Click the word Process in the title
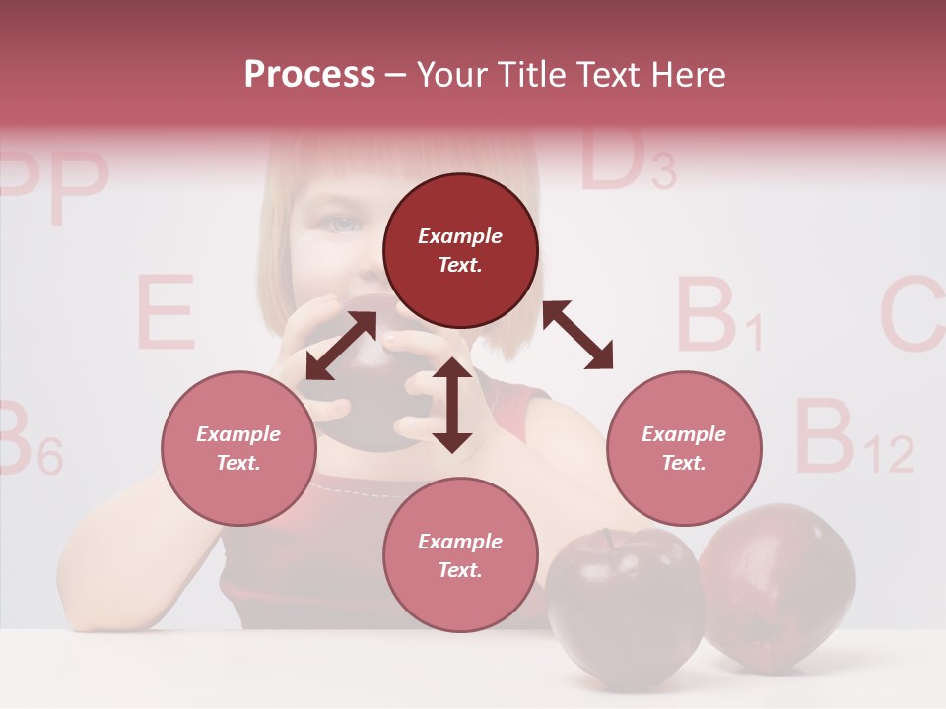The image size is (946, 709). (309, 75)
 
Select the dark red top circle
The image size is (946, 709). (460, 251)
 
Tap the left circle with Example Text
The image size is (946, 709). (239, 448)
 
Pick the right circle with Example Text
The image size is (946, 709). (684, 448)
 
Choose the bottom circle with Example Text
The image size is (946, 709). (460, 555)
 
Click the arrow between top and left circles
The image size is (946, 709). (341, 345)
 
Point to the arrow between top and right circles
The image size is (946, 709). (577, 335)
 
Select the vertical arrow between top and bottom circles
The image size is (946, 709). (452, 405)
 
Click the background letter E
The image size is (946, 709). (164, 312)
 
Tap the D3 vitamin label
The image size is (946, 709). (627, 161)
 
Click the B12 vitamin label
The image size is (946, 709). (853, 438)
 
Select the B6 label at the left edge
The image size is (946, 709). (28, 440)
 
